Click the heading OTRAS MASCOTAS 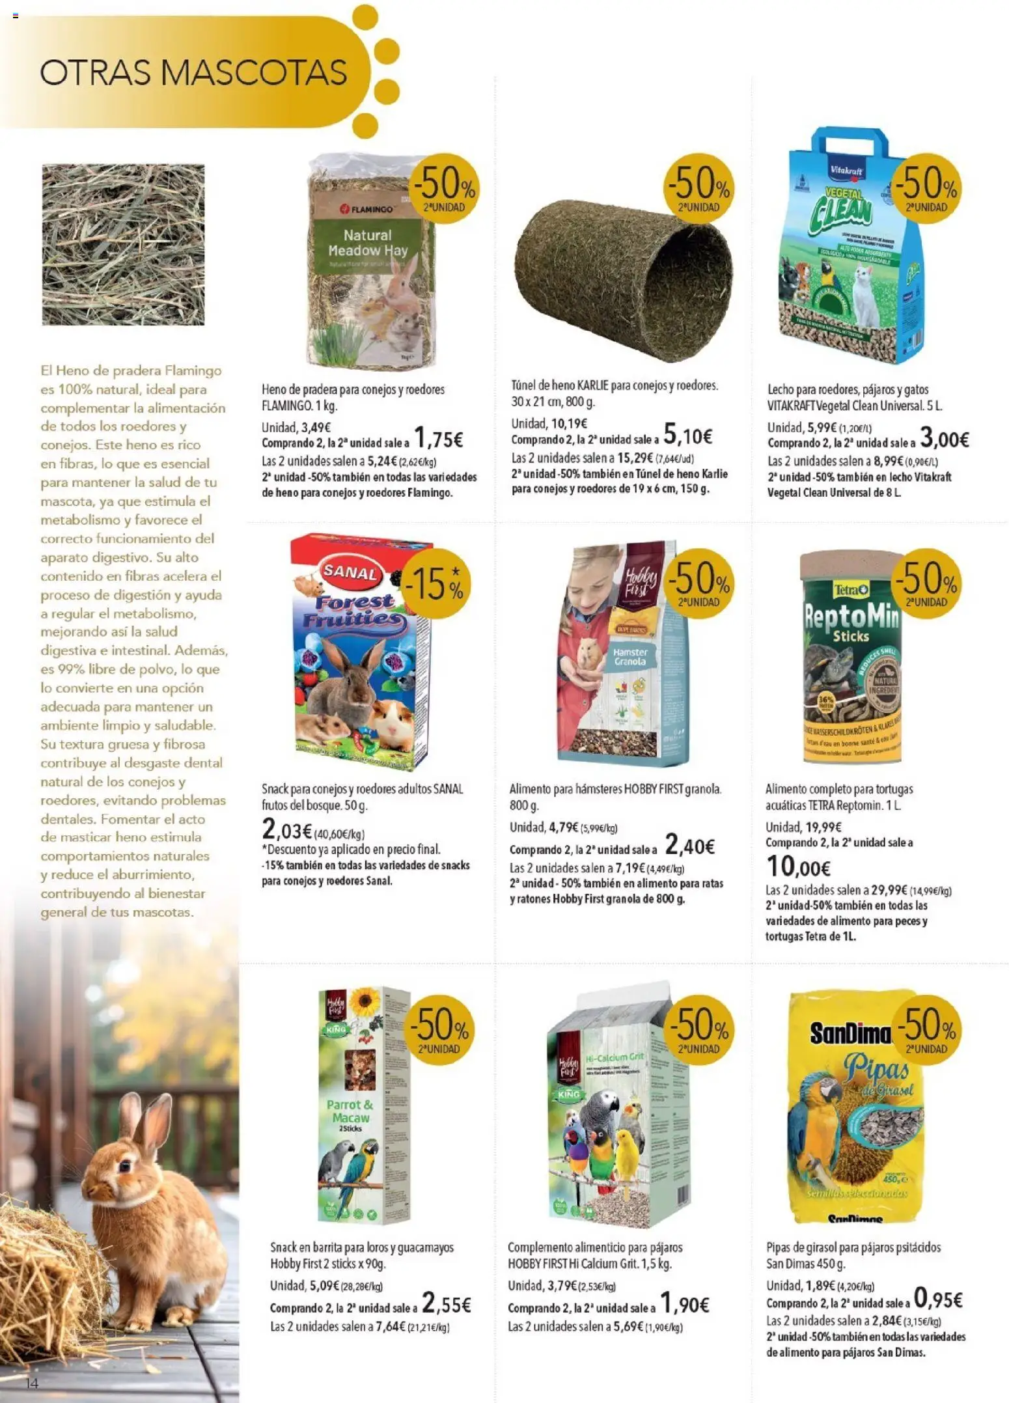click(193, 72)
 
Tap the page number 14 click(32, 1383)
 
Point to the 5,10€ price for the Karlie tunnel click(687, 435)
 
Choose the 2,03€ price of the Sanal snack click(286, 830)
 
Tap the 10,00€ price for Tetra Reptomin click(798, 867)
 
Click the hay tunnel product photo click(623, 280)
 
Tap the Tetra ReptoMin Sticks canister click(850, 658)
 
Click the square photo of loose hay click(123, 245)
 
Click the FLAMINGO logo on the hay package click(368, 209)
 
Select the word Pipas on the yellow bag click(876, 1070)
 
